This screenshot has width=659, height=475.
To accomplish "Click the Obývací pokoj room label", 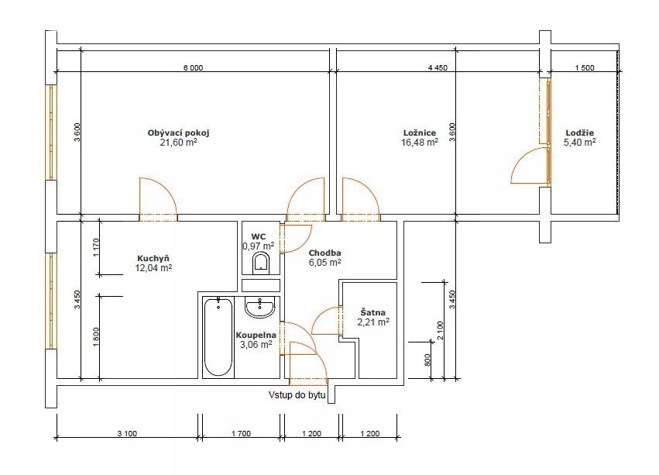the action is (x=179, y=133).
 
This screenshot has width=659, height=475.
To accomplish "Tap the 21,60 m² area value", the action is (x=179, y=143).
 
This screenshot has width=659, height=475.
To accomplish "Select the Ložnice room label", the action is (x=420, y=133).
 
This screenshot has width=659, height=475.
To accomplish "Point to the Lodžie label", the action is (x=579, y=133).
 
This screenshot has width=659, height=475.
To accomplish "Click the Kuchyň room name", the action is (x=153, y=258).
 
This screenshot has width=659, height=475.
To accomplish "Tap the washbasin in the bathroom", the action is (x=259, y=307).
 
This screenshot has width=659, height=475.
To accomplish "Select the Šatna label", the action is (x=372, y=312).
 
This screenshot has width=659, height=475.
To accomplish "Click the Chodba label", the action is (x=325, y=253).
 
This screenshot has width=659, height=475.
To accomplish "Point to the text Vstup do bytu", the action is (x=297, y=395).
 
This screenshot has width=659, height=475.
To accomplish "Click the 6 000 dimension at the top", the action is (x=194, y=67).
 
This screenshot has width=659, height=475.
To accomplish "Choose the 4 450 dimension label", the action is (x=438, y=67).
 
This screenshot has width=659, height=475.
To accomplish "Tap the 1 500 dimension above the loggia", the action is (x=585, y=67).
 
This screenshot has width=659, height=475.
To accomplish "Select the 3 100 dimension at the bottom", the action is (x=127, y=433).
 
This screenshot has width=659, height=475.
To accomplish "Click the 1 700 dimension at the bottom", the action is (x=242, y=433).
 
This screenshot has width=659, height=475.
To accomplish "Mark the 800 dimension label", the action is (x=427, y=360).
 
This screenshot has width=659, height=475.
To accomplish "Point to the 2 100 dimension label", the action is (x=440, y=331).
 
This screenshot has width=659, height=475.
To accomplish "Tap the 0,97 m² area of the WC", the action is (x=259, y=246).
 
